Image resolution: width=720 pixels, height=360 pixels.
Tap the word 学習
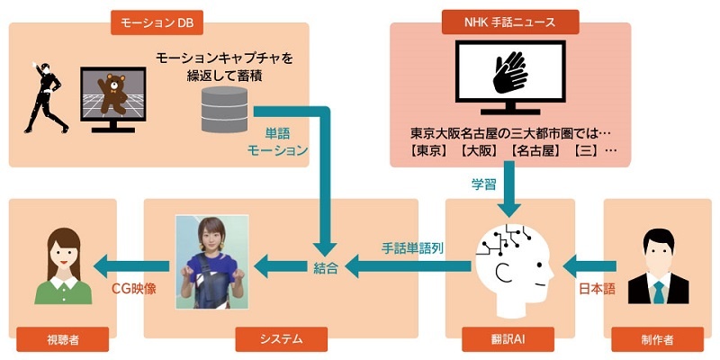pos(485,184)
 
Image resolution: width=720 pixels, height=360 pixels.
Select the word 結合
pos(326,266)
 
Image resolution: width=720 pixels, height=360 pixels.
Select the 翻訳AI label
pos(509,339)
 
